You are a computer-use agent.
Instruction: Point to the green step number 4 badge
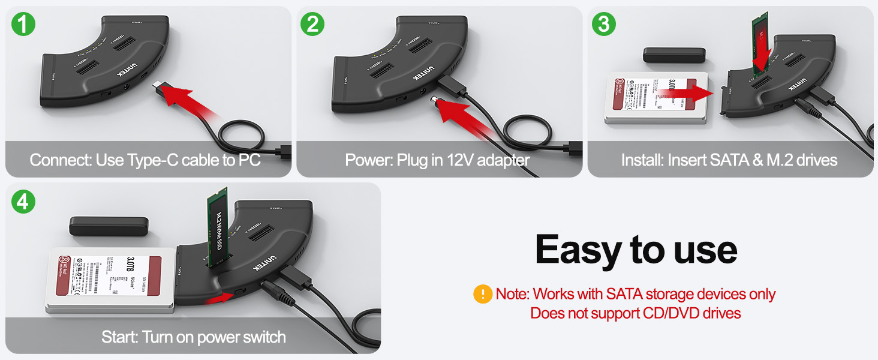(23, 202)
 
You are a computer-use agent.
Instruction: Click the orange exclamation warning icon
(482, 294)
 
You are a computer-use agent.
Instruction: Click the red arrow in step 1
(188, 103)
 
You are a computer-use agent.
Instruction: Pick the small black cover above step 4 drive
(109, 226)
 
